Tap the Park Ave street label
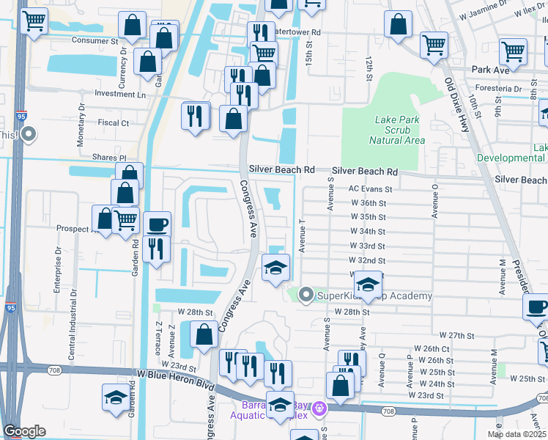tap(490, 70)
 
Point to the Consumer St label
tap(95, 42)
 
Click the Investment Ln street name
tap(120, 95)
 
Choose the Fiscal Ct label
tap(113, 123)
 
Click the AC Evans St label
tap(371, 188)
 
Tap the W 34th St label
tap(368, 232)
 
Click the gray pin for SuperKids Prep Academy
tap(306, 295)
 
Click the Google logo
tap(24, 431)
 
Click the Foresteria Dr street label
tap(500, 92)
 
